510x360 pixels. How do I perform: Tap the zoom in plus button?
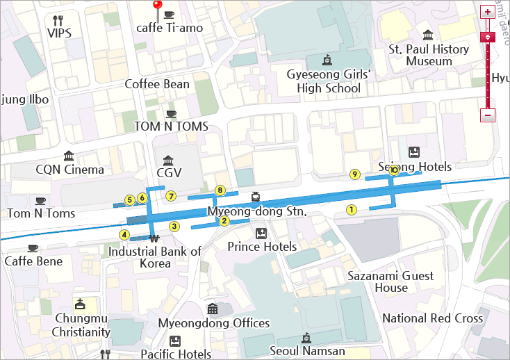488,12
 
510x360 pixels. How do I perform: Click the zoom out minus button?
488,115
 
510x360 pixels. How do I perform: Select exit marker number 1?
351,208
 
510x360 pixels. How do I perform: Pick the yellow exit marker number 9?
354,174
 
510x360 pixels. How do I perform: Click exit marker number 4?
124,234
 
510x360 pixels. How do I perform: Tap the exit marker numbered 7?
171,197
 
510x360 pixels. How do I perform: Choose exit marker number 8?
220,190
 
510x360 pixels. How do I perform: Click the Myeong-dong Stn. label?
256,211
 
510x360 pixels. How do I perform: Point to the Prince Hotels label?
262,247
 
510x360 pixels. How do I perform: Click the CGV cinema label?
169,172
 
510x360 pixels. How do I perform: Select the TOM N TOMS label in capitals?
171,126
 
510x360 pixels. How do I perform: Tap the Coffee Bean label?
156,84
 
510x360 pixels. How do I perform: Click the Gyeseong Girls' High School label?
329,81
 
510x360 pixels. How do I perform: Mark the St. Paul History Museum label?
429,55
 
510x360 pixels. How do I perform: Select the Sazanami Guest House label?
390,281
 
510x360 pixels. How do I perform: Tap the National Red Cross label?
432,318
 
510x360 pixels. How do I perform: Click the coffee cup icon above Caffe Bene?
33,248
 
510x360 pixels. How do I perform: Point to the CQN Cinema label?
69,170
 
